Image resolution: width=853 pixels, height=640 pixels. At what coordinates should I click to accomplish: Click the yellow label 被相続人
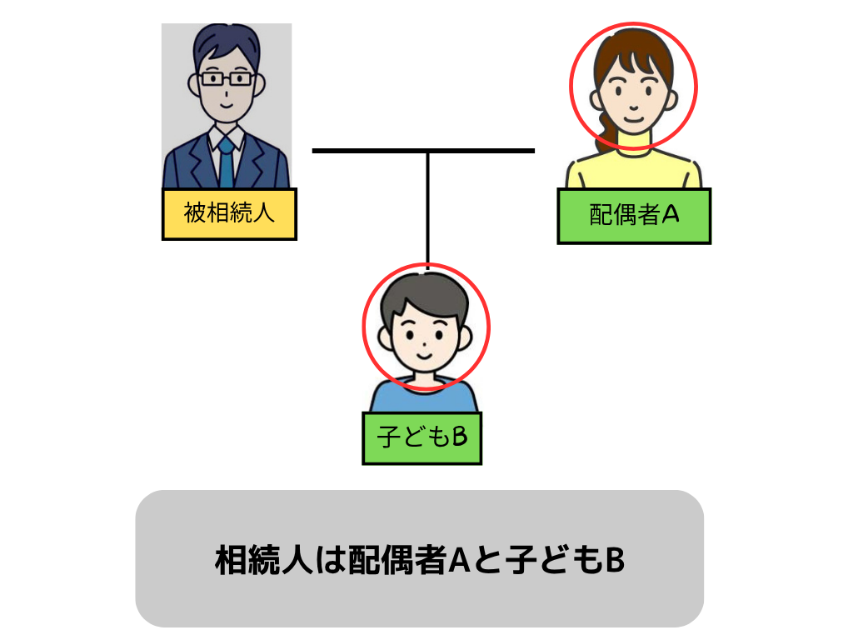pyautogui.click(x=229, y=213)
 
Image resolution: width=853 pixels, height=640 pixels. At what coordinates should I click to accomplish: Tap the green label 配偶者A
pyautogui.click(x=634, y=216)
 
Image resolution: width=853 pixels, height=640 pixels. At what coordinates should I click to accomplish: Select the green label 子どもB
pyautogui.click(x=422, y=437)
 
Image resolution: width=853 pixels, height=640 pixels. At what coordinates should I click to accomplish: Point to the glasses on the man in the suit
pyautogui.click(x=226, y=79)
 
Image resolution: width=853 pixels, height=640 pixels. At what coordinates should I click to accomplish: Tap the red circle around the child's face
pyautogui.click(x=363, y=327)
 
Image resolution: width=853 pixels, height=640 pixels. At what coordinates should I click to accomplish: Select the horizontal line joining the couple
pyautogui.click(x=367, y=151)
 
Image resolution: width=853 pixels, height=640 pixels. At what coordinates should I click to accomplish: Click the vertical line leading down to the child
pyautogui.click(x=427, y=208)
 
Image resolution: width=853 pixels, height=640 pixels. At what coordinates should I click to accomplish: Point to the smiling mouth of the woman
pyautogui.click(x=634, y=117)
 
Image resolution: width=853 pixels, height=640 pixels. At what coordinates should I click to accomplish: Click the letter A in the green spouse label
pyautogui.click(x=671, y=215)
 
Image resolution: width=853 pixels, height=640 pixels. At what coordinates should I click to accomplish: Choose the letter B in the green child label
pyautogui.click(x=457, y=437)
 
